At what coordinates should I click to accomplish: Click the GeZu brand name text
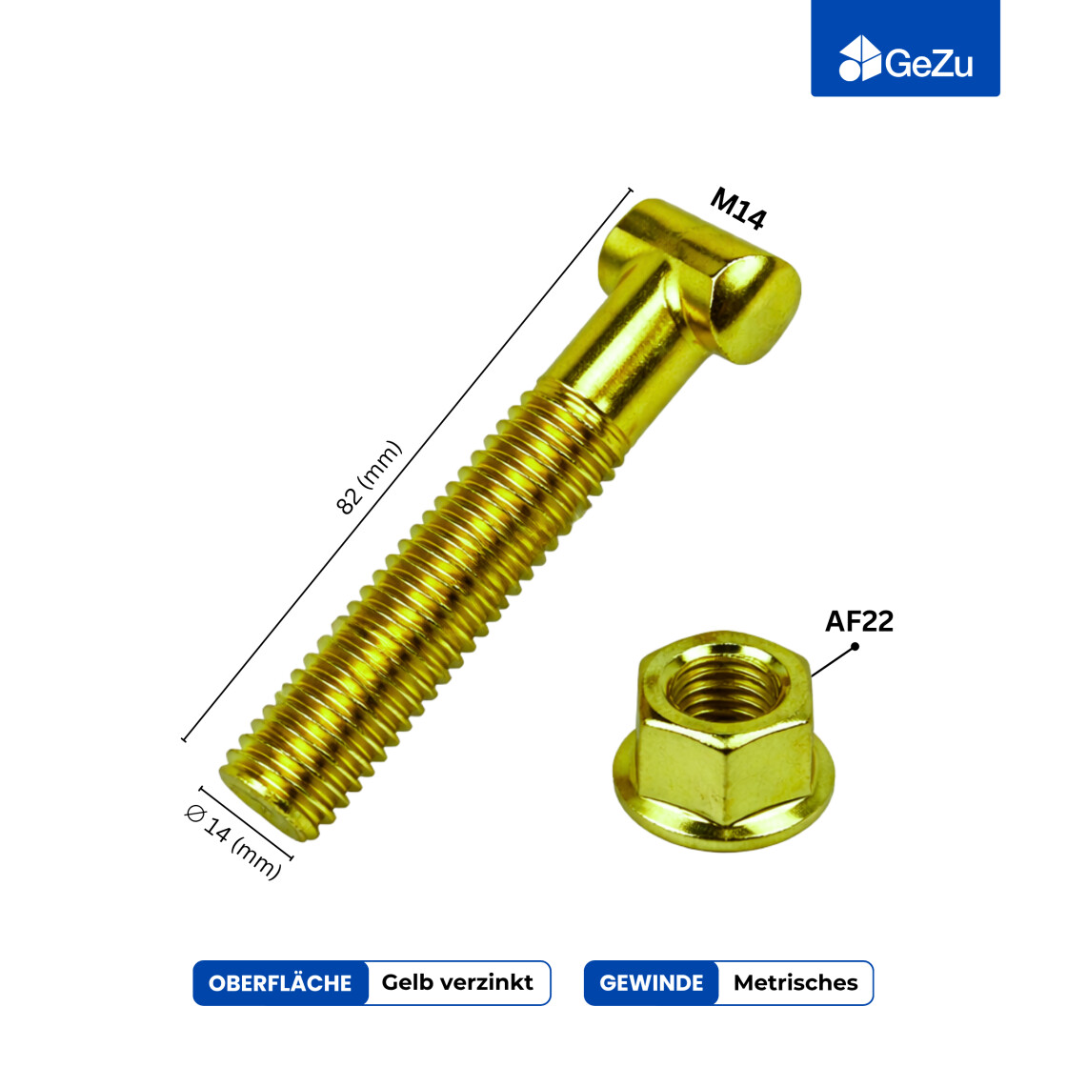(929, 63)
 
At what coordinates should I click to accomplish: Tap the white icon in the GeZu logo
(860, 58)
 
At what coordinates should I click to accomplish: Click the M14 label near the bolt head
(738, 209)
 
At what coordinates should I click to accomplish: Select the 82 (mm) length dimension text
(369, 477)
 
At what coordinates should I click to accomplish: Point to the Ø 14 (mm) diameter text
(232, 841)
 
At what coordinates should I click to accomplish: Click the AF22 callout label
(858, 620)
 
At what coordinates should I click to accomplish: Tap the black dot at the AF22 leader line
(855, 646)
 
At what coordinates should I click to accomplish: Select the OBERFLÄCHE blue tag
(280, 982)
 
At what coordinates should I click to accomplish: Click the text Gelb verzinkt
(457, 982)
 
